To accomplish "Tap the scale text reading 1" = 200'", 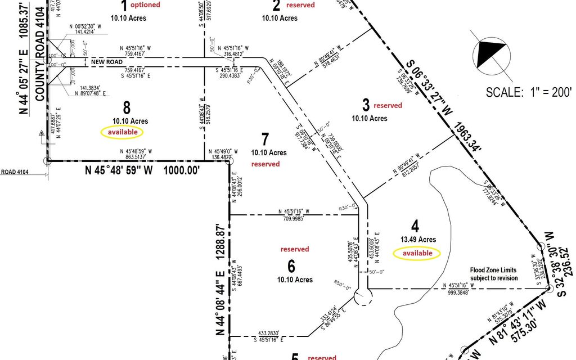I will click(x=529, y=92).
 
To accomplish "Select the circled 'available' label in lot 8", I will click(x=122, y=132).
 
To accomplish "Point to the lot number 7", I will click(x=266, y=138).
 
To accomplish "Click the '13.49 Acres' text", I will click(x=418, y=240).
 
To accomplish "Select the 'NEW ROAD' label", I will click(x=107, y=61).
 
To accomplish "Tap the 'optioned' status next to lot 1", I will click(x=145, y=5).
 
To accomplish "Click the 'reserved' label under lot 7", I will click(x=265, y=164).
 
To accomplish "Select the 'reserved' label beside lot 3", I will click(x=388, y=105).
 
